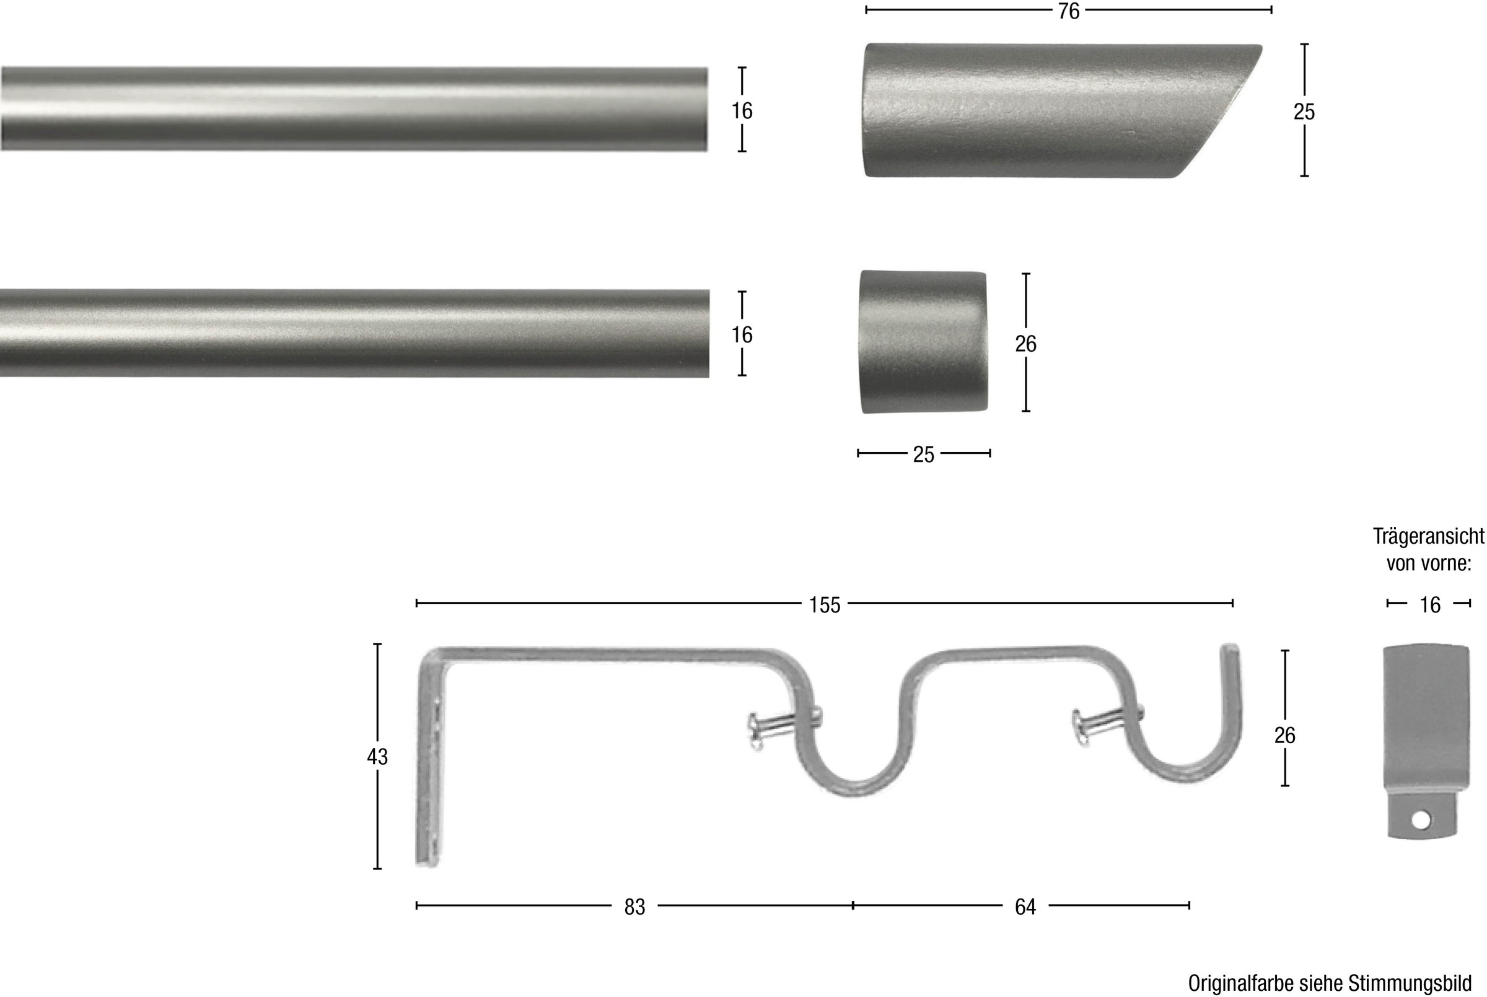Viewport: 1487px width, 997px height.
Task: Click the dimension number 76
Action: (x=1069, y=11)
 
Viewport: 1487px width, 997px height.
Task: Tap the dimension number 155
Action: (x=824, y=606)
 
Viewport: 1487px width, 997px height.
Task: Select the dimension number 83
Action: (x=634, y=907)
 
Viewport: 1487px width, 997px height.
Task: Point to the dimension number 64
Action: (x=1025, y=907)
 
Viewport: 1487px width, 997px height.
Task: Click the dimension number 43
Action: (x=377, y=757)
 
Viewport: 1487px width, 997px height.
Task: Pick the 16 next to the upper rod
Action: (x=742, y=111)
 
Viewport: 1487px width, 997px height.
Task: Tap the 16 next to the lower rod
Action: (x=742, y=335)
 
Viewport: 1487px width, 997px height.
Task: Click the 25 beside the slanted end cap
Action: (x=1304, y=112)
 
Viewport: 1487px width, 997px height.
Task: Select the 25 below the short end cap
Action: (x=924, y=455)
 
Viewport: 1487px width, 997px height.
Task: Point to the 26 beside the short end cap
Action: (x=1025, y=344)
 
